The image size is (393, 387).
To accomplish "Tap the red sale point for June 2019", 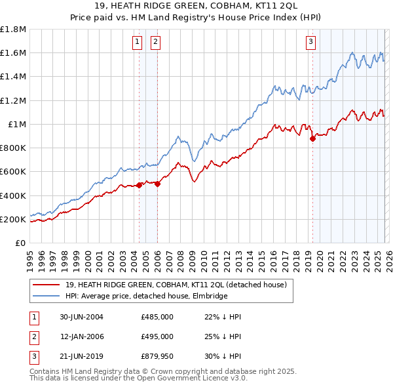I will pos(312,138).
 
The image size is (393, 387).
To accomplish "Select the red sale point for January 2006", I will pos(157,184).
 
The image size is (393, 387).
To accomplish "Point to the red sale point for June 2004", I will pos(140,186).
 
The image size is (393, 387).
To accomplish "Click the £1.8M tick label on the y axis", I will pos(13,30).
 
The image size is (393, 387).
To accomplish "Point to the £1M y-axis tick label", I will pos(16,124).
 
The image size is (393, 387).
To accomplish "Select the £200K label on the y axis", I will pos(13,219).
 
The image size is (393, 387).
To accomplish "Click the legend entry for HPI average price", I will pos(146,296).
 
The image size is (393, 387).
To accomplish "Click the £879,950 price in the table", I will pos(157,356).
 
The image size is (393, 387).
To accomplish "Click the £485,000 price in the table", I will pos(157,317).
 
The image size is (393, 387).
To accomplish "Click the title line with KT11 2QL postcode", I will pos(196,6).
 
